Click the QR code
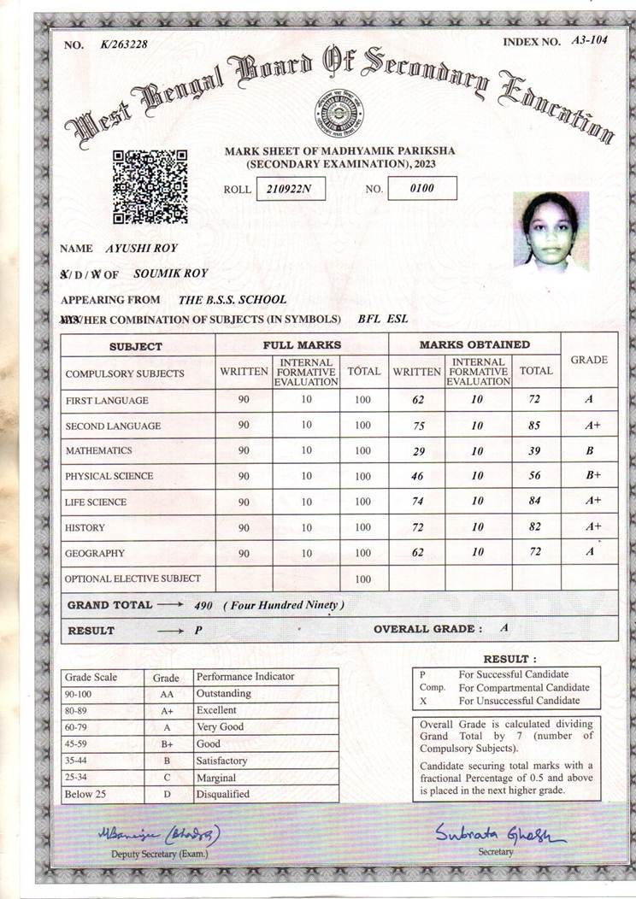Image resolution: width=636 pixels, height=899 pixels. (150, 185)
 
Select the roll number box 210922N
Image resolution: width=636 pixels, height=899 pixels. (290, 188)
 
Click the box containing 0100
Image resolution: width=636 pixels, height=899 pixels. (422, 188)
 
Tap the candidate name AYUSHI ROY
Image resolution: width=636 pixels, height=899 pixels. (141, 249)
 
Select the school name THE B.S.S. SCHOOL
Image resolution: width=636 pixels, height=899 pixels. (233, 300)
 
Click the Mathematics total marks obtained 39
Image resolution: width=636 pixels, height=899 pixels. (535, 450)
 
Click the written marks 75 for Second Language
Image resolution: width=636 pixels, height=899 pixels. (417, 425)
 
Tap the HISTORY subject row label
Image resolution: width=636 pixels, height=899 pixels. (85, 528)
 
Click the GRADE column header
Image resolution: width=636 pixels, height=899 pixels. (588, 360)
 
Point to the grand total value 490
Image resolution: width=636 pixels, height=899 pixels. (203, 605)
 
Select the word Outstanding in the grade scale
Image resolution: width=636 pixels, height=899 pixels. (224, 694)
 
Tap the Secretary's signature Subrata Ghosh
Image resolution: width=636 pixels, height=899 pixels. (498, 833)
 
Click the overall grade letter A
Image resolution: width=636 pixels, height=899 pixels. (504, 628)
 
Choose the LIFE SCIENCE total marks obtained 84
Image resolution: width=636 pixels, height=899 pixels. (535, 502)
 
